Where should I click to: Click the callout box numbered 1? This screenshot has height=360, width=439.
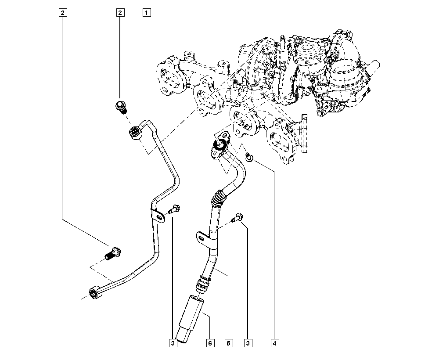146,13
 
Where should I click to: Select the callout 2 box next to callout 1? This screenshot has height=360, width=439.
119,13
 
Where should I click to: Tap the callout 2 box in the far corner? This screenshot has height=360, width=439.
63,13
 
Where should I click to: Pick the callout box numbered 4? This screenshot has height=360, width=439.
275,343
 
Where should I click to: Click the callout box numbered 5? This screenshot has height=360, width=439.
228,343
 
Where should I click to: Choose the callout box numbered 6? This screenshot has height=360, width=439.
210,343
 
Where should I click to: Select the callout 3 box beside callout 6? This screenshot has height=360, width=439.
173,343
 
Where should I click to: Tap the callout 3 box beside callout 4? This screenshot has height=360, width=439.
248,343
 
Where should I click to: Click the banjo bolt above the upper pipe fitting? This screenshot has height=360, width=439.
121,107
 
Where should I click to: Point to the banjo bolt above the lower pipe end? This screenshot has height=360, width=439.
114,253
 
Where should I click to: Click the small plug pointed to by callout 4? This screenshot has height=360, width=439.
248,156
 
